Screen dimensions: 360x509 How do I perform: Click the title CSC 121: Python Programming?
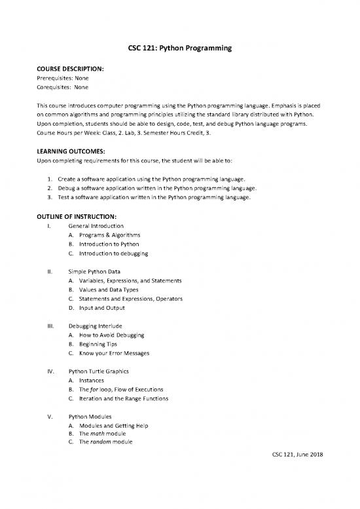click(180, 47)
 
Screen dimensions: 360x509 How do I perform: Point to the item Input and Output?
click(102, 308)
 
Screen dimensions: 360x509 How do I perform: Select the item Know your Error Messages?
click(114, 354)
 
